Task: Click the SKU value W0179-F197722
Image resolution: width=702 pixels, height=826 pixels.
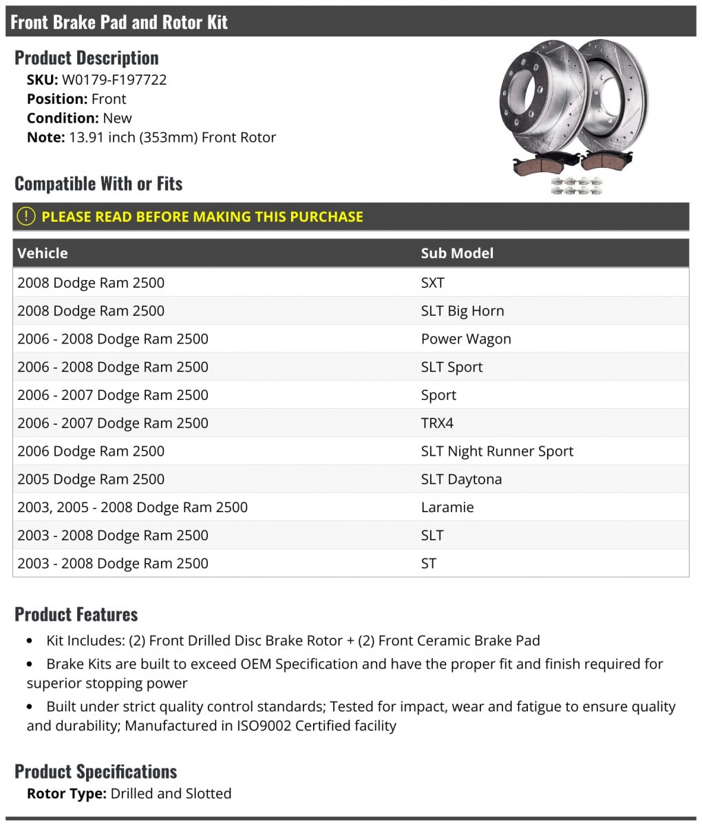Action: point(114,79)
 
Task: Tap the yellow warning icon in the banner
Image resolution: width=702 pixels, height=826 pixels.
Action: point(25,216)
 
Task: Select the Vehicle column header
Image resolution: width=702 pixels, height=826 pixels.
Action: point(43,253)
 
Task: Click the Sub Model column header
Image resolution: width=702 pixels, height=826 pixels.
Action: point(457,253)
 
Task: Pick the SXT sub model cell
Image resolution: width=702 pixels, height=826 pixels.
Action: point(433,283)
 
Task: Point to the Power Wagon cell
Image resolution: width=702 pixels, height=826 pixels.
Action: point(466,339)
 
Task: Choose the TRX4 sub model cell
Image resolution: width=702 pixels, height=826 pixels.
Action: point(437,423)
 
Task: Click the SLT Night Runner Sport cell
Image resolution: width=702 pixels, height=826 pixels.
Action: point(497,452)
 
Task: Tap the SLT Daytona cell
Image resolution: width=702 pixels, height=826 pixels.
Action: point(461,480)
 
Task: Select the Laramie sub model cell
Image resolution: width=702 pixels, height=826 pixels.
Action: point(447,507)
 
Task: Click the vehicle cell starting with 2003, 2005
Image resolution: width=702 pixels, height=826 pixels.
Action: point(132,507)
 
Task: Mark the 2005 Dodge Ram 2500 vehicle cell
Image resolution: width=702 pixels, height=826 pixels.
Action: point(91,480)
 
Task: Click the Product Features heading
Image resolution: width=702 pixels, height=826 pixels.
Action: point(76,614)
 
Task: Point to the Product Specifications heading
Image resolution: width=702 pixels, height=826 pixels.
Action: point(96,772)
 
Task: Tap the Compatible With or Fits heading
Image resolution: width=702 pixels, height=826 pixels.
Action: point(98,184)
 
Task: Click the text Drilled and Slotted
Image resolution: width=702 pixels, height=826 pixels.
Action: point(171,794)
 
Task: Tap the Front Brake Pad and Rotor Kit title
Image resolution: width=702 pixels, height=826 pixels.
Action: point(119,22)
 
